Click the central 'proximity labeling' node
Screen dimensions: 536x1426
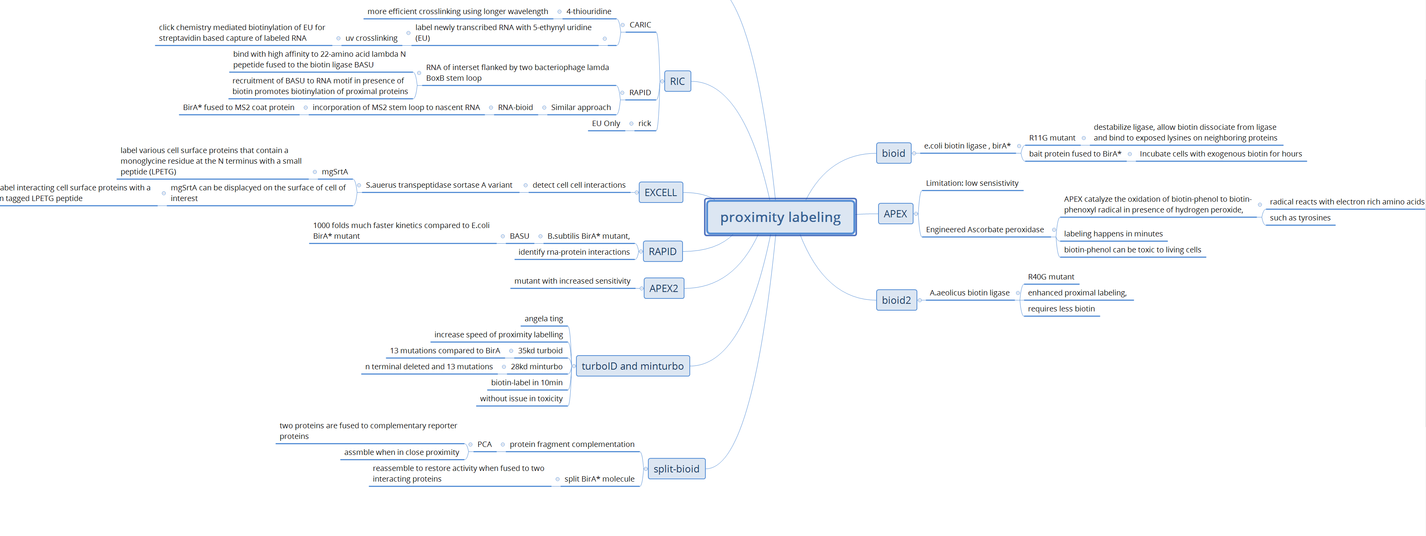tap(780, 217)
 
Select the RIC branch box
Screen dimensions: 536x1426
tap(677, 81)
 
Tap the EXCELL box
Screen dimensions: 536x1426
tap(660, 193)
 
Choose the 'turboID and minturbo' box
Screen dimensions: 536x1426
tap(632, 366)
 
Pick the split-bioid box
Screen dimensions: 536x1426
tap(676, 469)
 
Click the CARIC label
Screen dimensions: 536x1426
tap(640, 25)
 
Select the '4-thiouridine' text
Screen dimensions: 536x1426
tap(589, 12)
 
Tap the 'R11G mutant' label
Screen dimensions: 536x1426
tap(1052, 138)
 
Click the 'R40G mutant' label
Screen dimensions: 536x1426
tap(1051, 277)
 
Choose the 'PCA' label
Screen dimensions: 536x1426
tap(484, 444)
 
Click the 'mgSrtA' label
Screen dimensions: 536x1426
tap(334, 172)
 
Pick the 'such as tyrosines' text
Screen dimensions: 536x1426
tap(1300, 218)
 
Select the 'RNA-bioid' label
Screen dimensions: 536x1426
tap(515, 107)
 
